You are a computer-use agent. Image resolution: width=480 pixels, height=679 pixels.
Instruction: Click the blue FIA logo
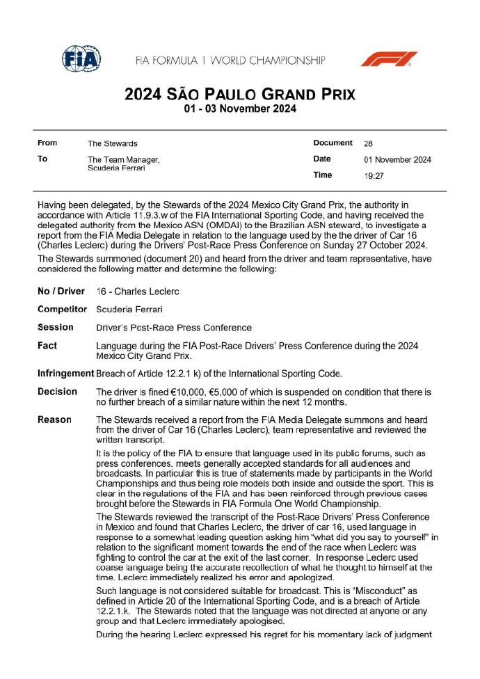pos(80,60)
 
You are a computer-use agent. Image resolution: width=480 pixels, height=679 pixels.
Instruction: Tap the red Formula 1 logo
pos(389,59)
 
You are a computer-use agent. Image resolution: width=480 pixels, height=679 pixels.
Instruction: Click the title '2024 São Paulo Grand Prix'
pos(239,94)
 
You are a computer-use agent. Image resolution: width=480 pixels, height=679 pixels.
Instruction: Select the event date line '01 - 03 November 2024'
pos(239,109)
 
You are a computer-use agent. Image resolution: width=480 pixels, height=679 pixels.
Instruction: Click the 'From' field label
pos(47,143)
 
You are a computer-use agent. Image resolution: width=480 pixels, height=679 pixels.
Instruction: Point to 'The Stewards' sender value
pos(113,143)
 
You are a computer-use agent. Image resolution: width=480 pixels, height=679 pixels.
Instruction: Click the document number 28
pos(368,143)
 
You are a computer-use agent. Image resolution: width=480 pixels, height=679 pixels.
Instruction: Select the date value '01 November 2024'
pos(397,159)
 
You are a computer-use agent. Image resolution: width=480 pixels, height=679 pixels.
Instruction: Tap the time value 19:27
pos(375,176)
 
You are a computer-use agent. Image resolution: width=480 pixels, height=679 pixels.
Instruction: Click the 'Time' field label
pos(323,175)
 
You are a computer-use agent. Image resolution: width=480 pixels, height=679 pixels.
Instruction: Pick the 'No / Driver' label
pos(61,291)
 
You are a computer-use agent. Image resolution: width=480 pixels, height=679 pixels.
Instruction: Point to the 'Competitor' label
pos(63,308)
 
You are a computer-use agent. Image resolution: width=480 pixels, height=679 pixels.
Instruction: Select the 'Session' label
pos(55,326)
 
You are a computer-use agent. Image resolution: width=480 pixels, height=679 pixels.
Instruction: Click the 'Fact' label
pos(47,345)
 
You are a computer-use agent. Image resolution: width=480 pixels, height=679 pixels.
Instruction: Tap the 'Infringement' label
pos(65,374)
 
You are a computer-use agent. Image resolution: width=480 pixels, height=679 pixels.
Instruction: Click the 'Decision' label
pos(57,392)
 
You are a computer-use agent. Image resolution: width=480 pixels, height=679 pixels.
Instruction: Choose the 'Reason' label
pos(54,420)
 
